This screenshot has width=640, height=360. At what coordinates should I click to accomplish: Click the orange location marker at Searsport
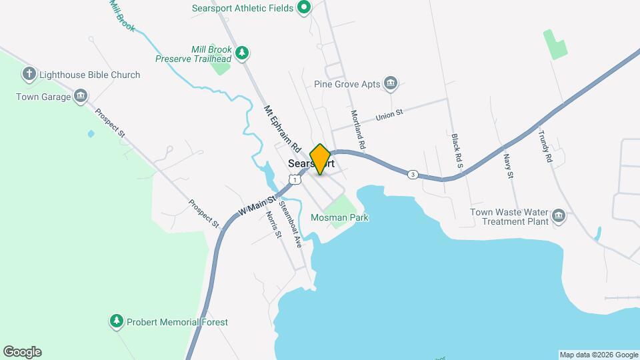[321, 159]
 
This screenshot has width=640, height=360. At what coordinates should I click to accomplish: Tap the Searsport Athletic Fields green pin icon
[304, 8]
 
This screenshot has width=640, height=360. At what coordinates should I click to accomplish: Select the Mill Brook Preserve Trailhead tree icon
[243, 52]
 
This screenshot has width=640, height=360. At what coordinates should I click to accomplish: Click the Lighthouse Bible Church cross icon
[29, 74]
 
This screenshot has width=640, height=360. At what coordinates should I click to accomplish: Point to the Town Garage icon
[81, 97]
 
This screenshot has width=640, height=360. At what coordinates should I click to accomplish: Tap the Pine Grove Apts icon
[391, 84]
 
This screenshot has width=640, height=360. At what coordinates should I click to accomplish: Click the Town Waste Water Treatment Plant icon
[559, 216]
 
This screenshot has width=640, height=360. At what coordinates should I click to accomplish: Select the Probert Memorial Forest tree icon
[117, 322]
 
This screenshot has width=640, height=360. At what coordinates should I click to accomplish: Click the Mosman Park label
[340, 217]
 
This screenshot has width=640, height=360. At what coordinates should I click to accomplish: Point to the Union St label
[390, 115]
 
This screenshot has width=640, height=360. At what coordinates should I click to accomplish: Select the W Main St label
[257, 205]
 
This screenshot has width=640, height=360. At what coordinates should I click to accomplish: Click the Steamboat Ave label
[291, 224]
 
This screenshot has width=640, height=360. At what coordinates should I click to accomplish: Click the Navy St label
[508, 166]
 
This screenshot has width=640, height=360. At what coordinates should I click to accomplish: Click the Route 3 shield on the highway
[413, 175]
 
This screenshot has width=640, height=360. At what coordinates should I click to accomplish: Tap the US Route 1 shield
[293, 179]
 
